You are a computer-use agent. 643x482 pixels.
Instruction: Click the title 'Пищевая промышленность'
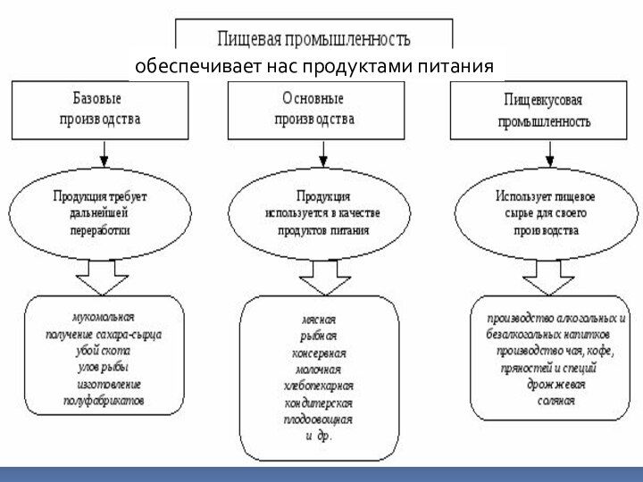tap(313, 38)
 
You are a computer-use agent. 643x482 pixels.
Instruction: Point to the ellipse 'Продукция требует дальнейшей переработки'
tap(100, 212)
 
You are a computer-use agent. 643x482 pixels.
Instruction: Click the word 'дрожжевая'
tap(549, 385)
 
